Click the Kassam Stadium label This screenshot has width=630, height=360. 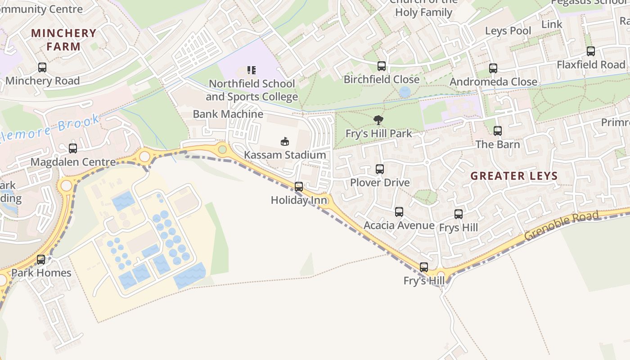click(285, 155)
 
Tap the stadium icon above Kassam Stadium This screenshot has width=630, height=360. click(285, 141)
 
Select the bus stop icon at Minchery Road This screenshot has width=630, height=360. click(42, 67)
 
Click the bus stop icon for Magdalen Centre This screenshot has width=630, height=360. click(73, 148)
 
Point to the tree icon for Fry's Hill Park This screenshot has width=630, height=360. click(378, 120)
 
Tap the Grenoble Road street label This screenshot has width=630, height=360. click(562, 225)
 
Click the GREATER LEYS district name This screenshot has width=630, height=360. click(514, 176)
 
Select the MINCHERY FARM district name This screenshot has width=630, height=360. click(64, 40)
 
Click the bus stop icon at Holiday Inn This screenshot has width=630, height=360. click(299, 186)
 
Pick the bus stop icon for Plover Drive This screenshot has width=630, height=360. click(380, 169)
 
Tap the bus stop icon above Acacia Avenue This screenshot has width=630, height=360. click(399, 212)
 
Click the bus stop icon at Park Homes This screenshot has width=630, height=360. click(41, 259)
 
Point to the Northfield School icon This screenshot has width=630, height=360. click(252, 70)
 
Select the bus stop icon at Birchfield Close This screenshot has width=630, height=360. click(382, 66)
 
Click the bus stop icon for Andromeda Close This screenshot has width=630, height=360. click(493, 68)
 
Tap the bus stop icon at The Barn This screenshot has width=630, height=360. click(498, 131)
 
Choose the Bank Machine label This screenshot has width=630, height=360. click(228, 114)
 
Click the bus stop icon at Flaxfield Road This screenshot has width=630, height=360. click(591, 51)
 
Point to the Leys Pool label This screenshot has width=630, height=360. click(508, 31)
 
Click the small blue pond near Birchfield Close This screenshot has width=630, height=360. click(405, 92)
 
